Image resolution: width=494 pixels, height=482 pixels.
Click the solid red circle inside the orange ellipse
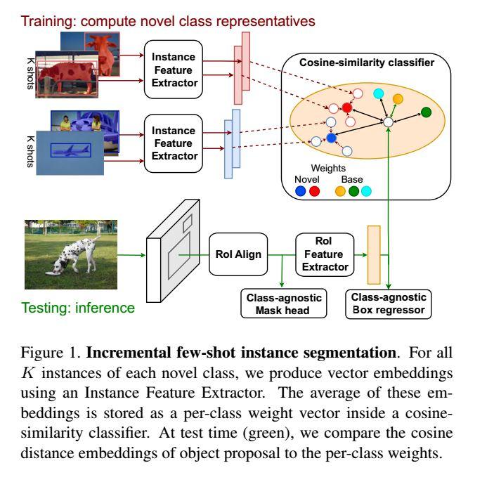click(x=346, y=108)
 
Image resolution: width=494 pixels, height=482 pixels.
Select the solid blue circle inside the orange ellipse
click(x=332, y=138)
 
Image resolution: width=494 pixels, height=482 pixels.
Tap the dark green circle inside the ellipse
click(x=426, y=112)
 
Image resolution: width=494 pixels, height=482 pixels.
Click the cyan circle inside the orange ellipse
click(x=377, y=93)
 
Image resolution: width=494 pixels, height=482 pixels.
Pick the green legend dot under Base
click(x=353, y=190)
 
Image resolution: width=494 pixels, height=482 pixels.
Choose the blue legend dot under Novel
click(x=301, y=190)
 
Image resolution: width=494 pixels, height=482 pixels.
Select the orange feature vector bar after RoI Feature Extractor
click(x=374, y=253)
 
